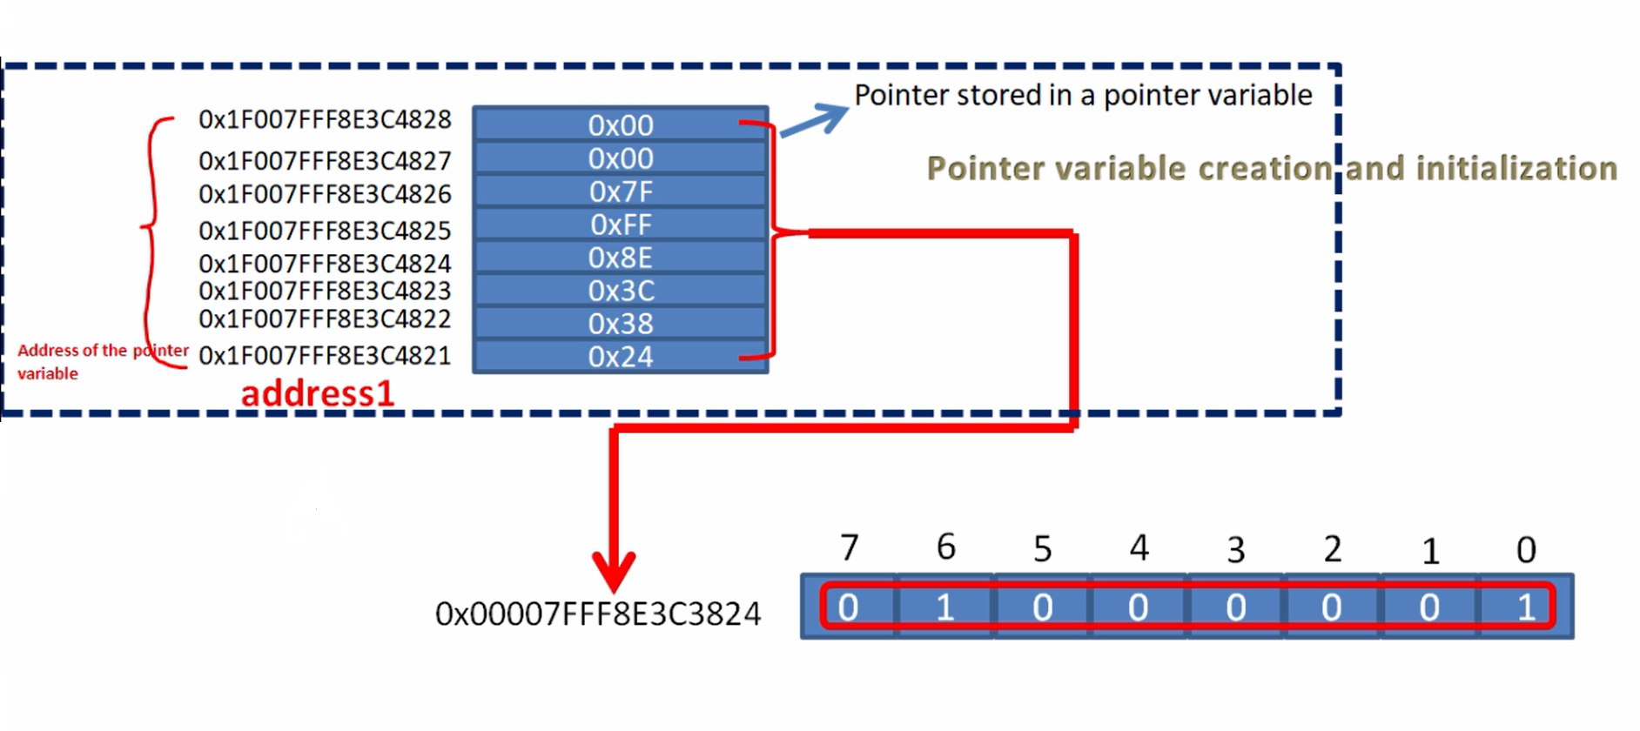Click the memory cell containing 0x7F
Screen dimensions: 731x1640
click(620, 191)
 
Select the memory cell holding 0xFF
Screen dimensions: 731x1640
click(620, 225)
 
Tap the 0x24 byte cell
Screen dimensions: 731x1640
click(620, 357)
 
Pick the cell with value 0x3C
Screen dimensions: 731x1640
click(620, 291)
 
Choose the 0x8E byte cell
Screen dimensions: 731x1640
click(620, 258)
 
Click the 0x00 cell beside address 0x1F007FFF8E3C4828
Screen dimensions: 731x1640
click(620, 125)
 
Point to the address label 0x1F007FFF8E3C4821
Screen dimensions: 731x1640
click(325, 356)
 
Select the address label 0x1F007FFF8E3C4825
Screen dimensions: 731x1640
click(325, 231)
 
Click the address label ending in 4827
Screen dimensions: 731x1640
click(325, 161)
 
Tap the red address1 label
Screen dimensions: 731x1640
click(318, 393)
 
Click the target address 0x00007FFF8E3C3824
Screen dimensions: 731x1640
click(598, 614)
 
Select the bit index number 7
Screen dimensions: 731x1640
click(850, 548)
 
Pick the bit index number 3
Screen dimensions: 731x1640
click(1235, 550)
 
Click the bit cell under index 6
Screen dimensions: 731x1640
click(945, 607)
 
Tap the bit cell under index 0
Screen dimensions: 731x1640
click(1525, 607)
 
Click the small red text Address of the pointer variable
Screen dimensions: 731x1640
click(102, 361)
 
